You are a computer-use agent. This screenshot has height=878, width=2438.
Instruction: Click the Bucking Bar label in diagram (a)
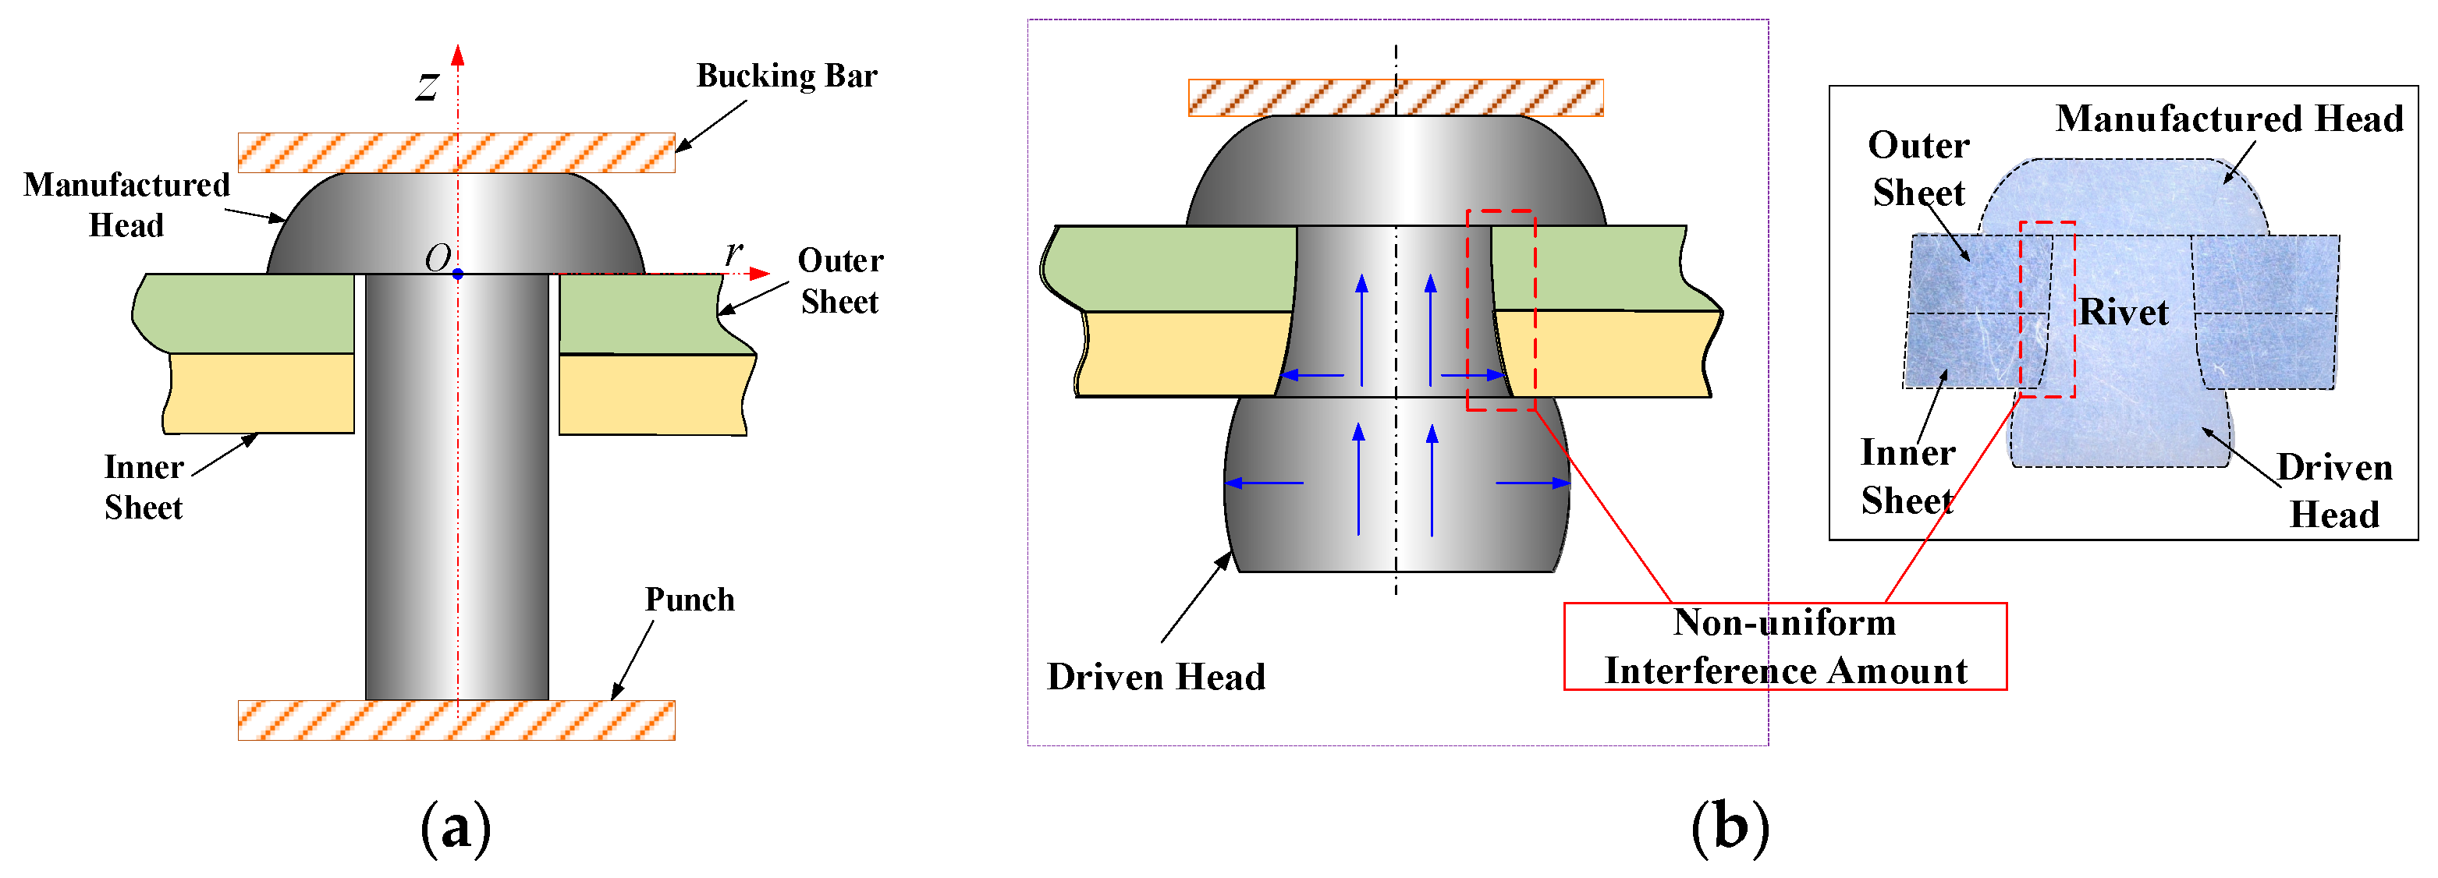click(x=786, y=76)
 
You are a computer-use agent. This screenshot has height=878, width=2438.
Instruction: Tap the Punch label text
click(x=690, y=600)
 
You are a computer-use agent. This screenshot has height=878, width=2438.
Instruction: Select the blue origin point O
click(x=458, y=274)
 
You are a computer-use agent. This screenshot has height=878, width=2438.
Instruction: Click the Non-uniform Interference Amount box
click(x=1784, y=646)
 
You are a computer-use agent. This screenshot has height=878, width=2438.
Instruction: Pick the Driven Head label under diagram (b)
click(x=1155, y=678)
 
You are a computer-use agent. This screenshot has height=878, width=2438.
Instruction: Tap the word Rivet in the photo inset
click(x=2124, y=312)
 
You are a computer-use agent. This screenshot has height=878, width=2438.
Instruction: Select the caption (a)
click(x=456, y=828)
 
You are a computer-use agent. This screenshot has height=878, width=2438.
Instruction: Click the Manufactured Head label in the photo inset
click(x=2229, y=119)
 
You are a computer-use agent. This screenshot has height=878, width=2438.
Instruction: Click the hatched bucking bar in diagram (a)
click(x=456, y=154)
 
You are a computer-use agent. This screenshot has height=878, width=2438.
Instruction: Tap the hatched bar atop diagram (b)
click(x=1395, y=97)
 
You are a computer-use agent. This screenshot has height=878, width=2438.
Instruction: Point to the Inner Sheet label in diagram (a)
click(x=144, y=487)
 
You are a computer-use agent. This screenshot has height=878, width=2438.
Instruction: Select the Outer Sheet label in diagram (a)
click(x=840, y=281)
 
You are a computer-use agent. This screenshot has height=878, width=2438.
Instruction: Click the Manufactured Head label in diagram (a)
click(x=127, y=204)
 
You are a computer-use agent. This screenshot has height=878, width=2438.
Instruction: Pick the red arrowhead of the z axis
click(x=458, y=54)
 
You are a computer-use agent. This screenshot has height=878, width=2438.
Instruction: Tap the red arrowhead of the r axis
click(x=760, y=274)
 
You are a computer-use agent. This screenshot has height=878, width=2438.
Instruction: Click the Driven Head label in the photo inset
click(x=2334, y=491)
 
